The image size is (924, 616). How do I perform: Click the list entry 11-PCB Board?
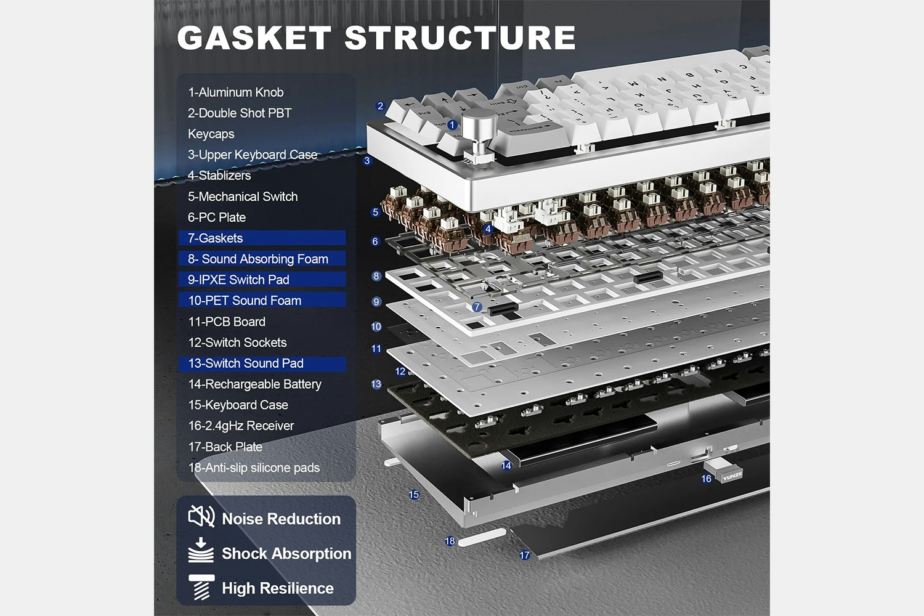[227, 322]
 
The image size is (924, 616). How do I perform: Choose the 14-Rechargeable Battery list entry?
[254, 384]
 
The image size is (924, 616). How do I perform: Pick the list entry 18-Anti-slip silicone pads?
[254, 468]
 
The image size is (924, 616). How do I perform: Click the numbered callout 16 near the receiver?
[706, 479]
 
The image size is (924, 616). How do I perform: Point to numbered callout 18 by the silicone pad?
[450, 541]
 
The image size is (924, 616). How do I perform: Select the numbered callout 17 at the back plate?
[525, 555]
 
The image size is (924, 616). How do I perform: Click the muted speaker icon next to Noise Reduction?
[201, 516]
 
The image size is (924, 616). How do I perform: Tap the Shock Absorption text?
[286, 554]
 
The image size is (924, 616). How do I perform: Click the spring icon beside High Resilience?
[201, 587]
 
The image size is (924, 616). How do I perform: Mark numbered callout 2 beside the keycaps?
[380, 106]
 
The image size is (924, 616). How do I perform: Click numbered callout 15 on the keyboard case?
[414, 495]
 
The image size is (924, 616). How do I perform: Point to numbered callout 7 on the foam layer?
[477, 307]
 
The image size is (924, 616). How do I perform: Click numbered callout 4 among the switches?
[488, 229]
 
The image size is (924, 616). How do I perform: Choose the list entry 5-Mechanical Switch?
[243, 197]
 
